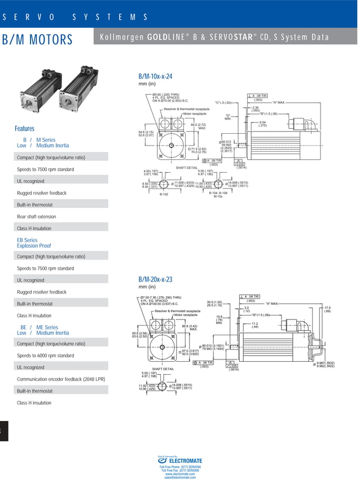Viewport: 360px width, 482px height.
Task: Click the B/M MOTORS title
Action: coord(38,40)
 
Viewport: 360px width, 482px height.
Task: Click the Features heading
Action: coord(24,129)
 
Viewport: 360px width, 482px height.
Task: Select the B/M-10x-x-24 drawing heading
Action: coord(155,76)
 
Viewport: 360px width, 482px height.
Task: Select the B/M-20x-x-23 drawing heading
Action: coord(155,279)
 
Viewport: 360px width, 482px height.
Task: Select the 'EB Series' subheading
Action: coord(27,240)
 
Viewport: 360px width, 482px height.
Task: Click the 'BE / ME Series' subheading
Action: coord(39,327)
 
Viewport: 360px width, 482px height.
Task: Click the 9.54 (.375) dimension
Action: coord(263,124)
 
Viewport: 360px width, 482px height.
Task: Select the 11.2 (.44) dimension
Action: coord(255,325)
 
